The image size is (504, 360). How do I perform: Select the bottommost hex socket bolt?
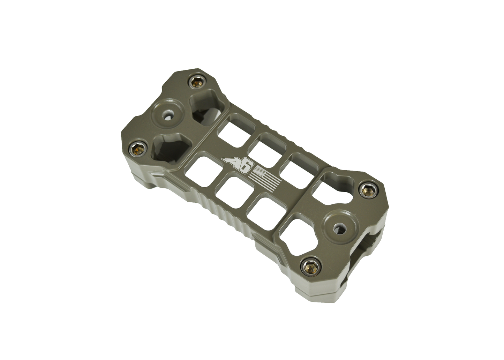pos(309,266)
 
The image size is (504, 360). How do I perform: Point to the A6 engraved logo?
pos(236,164)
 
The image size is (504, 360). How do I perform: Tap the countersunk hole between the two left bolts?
pos(167,114)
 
